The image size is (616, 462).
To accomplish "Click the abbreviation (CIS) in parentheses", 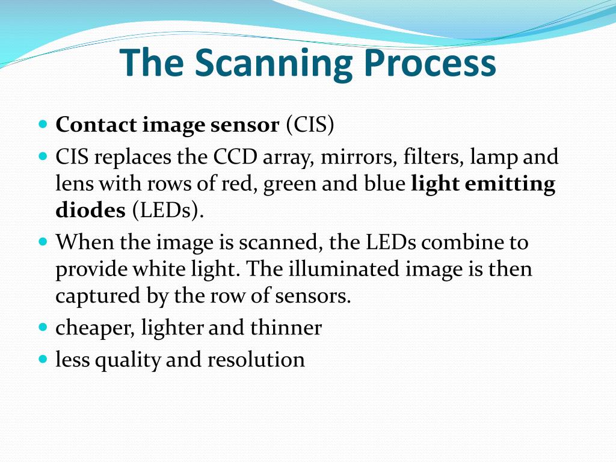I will click(309, 125).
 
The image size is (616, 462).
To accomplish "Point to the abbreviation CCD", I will click(234, 158).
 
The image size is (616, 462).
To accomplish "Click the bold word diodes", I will click(90, 211).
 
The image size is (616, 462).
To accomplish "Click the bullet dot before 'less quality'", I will click(43, 359).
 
